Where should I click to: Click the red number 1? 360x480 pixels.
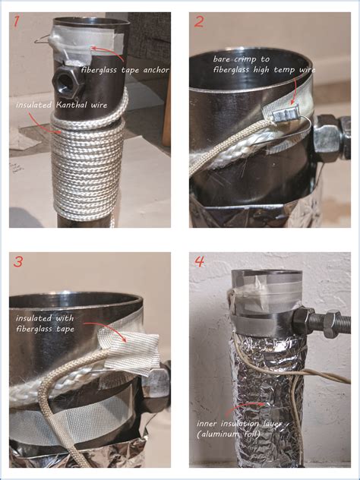click(16, 22)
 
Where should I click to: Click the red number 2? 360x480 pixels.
click(198, 22)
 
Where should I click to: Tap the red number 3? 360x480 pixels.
click(17, 261)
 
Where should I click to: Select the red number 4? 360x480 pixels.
click(199, 261)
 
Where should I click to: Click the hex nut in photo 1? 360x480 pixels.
click(65, 81)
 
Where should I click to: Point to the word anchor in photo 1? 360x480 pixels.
click(158, 71)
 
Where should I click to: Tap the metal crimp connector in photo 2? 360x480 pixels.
click(286, 114)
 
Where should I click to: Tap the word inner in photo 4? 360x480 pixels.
click(205, 424)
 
